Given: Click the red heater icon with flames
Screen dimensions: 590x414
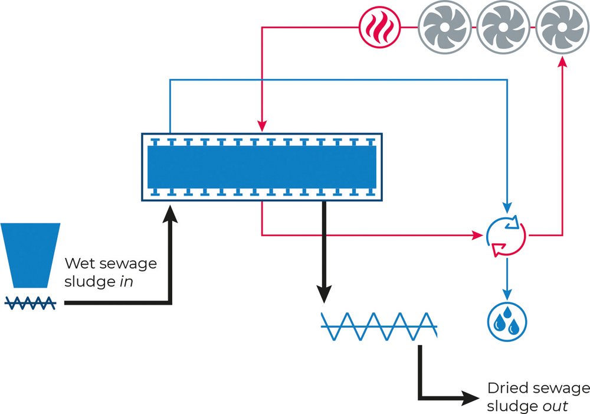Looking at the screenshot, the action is coord(379,28).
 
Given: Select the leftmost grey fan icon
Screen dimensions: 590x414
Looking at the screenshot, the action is coord(445,27).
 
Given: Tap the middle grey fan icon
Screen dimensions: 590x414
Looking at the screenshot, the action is coord(503,27).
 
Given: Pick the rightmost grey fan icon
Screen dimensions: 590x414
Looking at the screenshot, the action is coord(562,27).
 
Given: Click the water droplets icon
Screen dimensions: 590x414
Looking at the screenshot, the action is coord(507,322).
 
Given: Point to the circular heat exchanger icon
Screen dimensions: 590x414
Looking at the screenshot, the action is coord(506,236).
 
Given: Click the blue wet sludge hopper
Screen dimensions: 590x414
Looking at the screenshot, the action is coord(30,255).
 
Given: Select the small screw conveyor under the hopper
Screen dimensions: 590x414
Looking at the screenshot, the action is coord(30,303).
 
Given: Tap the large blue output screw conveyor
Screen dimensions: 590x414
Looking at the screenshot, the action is coord(379,326).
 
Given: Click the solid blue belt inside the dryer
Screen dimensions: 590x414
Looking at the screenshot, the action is coord(262,167).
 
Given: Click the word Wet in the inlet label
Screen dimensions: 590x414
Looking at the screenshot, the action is coord(78,263).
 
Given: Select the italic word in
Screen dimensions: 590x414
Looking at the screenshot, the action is coord(126,281).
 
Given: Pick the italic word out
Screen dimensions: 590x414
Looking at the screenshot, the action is coord(555,406).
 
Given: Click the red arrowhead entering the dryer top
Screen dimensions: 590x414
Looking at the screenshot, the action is coord(262,126).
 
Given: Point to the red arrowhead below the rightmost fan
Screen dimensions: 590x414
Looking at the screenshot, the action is coord(562,61).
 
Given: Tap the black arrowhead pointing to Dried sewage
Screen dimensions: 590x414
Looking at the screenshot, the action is coord(470,398).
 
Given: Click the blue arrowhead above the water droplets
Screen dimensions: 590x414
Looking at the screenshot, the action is coord(507,295).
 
